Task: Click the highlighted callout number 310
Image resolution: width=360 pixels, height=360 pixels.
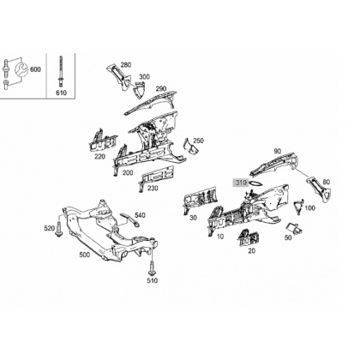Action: click(x=241, y=183)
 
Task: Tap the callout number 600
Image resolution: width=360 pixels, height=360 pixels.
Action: click(x=35, y=69)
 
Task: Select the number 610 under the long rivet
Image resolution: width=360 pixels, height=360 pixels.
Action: click(x=61, y=93)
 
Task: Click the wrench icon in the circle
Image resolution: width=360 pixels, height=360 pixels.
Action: click(x=21, y=69)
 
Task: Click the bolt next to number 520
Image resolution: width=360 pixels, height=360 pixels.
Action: click(x=59, y=229)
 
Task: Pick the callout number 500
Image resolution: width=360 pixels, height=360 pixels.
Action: click(x=84, y=255)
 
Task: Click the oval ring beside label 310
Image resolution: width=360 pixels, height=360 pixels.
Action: click(x=255, y=183)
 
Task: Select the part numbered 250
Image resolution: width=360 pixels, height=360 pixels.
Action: click(x=190, y=146)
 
